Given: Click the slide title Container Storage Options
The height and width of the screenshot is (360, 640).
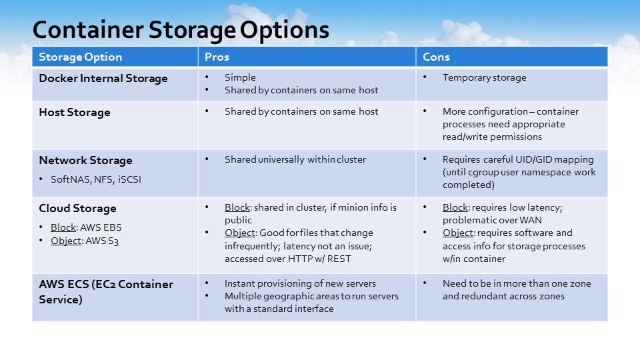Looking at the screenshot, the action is coord(181,30).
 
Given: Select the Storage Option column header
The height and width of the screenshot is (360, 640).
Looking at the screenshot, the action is coord(81,57).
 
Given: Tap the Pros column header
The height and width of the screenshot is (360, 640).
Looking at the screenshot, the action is coord(217,57).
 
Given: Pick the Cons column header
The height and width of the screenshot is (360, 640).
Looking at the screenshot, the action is coord(436,57).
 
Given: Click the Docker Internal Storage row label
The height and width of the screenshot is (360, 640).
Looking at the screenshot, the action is coord(103,79).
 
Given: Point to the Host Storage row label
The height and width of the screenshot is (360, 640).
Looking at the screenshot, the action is coord(75,112).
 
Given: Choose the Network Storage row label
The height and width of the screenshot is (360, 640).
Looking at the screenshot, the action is coord(86,161).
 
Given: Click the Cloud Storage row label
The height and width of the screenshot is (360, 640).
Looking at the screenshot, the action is coord(77,208).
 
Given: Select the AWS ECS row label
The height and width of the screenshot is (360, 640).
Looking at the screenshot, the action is coord(106,292).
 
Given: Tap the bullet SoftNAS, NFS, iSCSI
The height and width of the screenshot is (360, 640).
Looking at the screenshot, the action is coord(96,179).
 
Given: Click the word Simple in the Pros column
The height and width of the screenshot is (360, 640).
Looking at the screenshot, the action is coord(240,77).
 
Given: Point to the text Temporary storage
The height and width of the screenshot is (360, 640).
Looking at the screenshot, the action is coord(485,77).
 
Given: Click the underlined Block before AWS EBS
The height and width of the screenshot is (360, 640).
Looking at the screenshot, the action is coord(63,227).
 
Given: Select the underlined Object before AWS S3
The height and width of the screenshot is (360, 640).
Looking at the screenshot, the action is coord(66,241).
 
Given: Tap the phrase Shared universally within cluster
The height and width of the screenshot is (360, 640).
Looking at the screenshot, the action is coord(295,159).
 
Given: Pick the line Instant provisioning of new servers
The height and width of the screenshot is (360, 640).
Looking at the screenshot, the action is coord(300,284).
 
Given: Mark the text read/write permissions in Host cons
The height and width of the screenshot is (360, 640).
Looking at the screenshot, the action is coord(492,137).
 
